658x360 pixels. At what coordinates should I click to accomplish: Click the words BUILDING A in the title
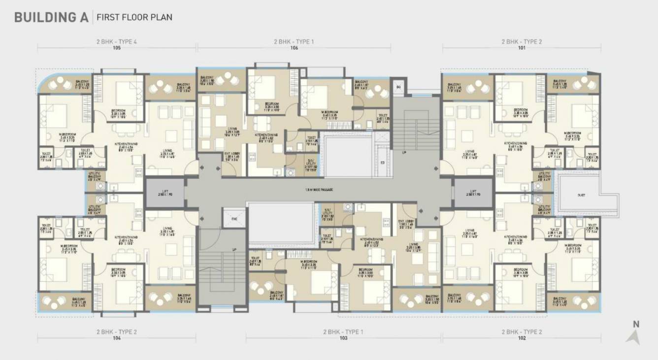[51, 17]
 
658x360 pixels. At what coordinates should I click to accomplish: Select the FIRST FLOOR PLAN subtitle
[134, 18]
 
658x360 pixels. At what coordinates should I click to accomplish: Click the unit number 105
[117, 48]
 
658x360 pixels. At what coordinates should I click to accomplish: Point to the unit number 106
[294, 48]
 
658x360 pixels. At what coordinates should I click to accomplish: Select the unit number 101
[522, 48]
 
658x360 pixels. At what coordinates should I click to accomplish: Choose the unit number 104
[117, 339]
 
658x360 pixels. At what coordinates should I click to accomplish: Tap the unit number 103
[343, 339]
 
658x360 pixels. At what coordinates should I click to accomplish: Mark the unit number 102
[522, 339]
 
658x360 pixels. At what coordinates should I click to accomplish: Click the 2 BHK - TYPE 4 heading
[117, 42]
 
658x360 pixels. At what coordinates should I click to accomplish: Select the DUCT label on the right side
[582, 196]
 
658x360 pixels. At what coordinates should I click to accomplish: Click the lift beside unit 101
[473, 193]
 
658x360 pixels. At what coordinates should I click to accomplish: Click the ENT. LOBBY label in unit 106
[231, 156]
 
